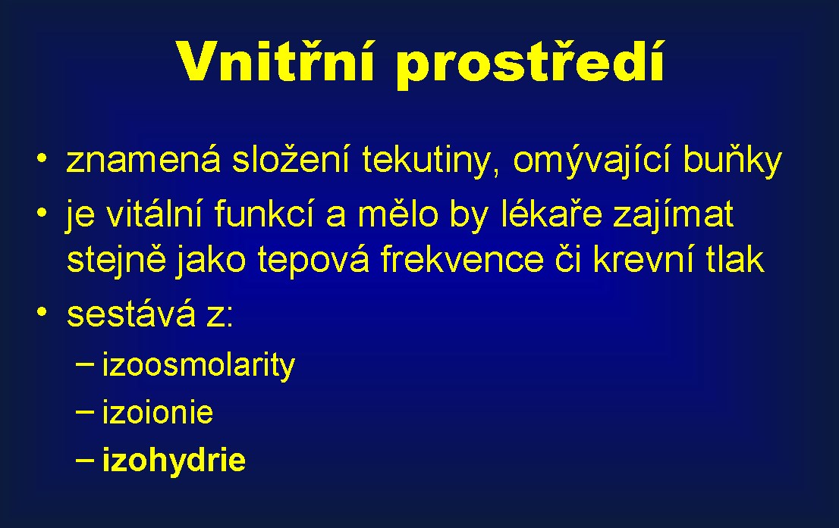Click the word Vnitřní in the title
coord(274,60)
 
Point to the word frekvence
coord(462,260)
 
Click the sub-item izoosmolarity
coord(199,366)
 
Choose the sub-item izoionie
coord(157,412)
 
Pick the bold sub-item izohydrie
coord(174,461)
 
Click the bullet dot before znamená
coord(42,158)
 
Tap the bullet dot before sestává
coord(42,312)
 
